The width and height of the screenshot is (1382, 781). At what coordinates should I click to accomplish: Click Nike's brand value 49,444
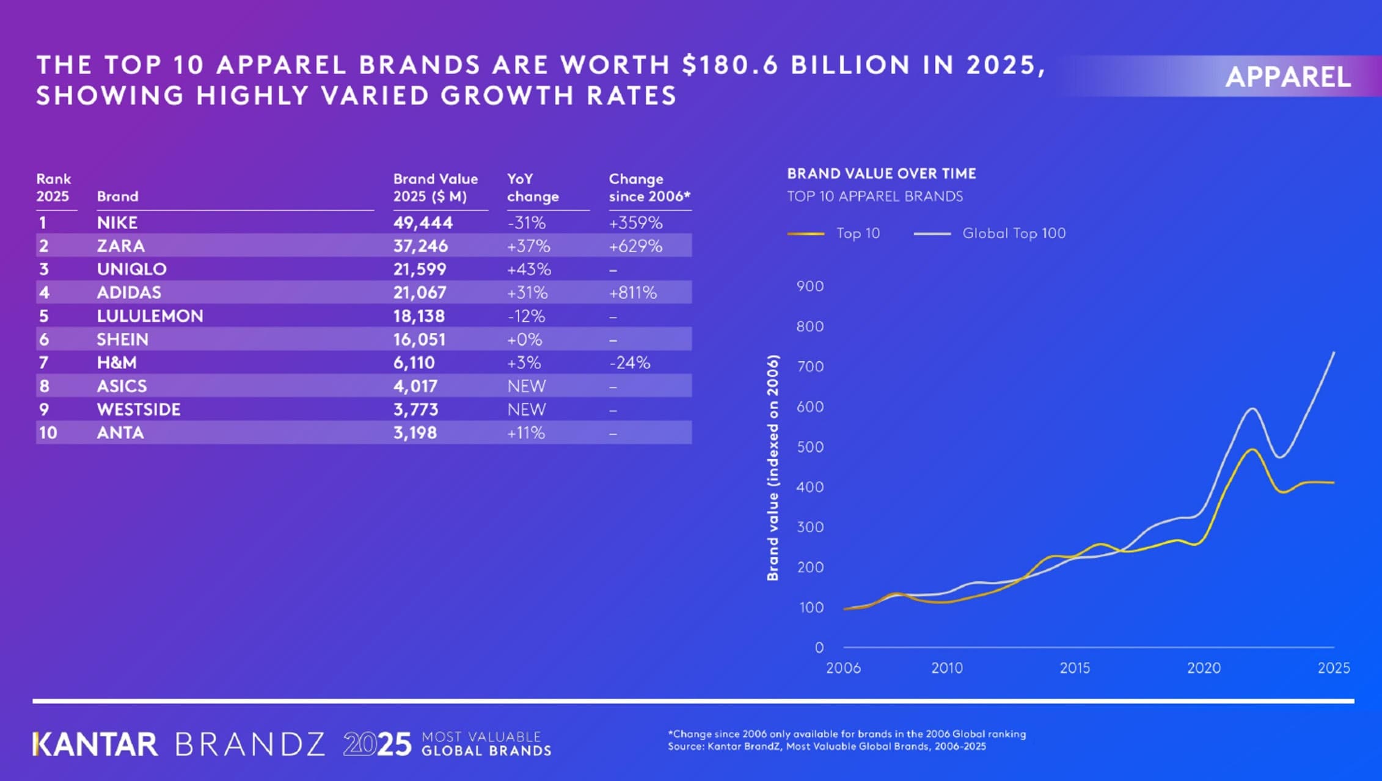(423, 223)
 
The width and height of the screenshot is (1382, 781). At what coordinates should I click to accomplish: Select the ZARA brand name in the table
(120, 246)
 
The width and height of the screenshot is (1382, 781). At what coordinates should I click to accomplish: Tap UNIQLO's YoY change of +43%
(528, 269)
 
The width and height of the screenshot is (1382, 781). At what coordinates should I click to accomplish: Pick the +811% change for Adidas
(632, 292)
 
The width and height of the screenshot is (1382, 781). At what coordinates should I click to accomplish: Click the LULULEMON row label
(150, 316)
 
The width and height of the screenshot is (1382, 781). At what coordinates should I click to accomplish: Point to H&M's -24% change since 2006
(629, 363)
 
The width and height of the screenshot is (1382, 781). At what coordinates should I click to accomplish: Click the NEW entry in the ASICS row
(526, 386)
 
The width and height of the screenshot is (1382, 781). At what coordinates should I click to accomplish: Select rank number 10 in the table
(48, 433)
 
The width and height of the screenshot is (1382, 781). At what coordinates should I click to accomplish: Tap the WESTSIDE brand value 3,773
(415, 410)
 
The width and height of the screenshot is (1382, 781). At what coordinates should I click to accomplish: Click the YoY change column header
(532, 188)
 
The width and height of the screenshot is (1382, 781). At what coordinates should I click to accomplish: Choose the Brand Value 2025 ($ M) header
(435, 188)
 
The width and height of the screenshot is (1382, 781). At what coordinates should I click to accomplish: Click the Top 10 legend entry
(858, 233)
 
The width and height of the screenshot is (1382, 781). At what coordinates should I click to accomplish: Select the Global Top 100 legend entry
(1013, 233)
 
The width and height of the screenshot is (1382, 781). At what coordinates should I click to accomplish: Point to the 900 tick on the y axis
(810, 286)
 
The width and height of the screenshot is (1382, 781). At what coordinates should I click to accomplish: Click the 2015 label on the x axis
(1074, 668)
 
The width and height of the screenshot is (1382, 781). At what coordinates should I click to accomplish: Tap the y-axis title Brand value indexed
(773, 468)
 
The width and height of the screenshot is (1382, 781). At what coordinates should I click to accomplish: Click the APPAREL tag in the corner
(1287, 77)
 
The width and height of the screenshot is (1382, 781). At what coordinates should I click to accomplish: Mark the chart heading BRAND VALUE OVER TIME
(881, 174)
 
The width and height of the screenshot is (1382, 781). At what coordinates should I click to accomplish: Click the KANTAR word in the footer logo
(95, 745)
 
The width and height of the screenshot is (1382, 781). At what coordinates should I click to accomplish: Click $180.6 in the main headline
(730, 65)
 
